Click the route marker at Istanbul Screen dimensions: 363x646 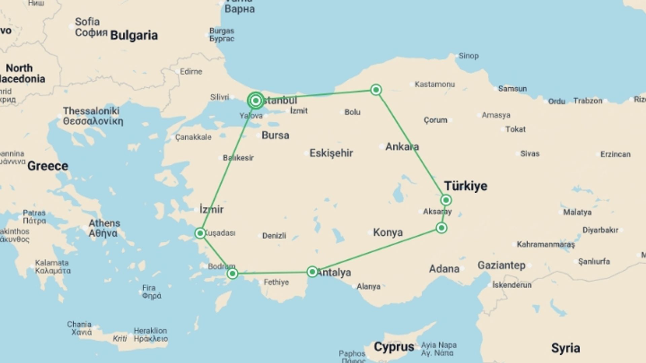point(256,100)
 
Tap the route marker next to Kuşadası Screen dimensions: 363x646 point(200,233)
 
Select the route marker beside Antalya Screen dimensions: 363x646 point(312,272)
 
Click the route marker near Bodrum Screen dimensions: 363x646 point(232,274)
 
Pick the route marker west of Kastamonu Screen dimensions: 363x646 point(376,90)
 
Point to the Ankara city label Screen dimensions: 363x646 point(402,147)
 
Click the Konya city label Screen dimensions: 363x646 point(388,232)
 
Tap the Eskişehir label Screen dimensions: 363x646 point(331,153)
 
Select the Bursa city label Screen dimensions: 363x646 point(275,135)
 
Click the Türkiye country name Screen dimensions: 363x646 point(466,186)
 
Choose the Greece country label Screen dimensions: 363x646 point(48,166)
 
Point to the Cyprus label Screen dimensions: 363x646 point(394,347)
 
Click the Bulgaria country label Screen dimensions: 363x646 point(134,35)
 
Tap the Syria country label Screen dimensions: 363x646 point(566,348)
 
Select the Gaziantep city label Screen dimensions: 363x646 point(501,265)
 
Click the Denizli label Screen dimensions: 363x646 point(274,236)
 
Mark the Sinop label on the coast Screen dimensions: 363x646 point(468,56)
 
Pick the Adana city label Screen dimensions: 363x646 point(444,269)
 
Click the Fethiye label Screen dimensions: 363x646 point(276,282)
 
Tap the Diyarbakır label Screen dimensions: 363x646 point(600,230)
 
